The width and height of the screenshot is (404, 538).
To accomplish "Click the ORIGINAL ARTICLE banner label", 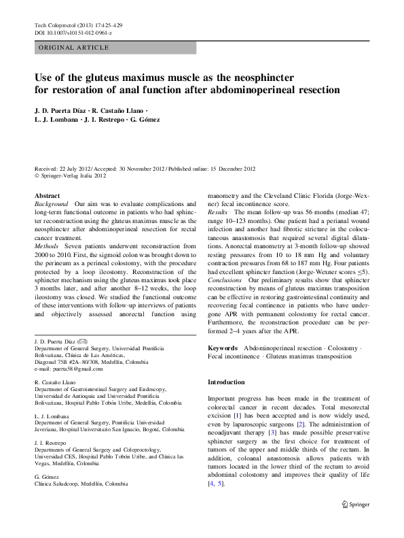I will click(73, 48).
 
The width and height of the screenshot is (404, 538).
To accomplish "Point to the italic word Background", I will click(52, 204).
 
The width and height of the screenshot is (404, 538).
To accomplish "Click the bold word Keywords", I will click(223, 348).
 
